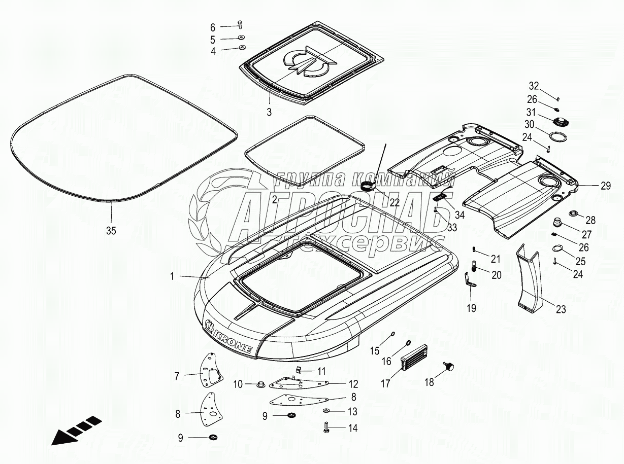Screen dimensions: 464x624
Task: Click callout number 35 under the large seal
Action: pos(111,231)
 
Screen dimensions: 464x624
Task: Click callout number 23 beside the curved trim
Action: pos(561,309)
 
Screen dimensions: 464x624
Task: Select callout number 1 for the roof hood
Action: pos(172,276)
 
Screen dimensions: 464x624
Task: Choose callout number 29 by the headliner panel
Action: pos(605,186)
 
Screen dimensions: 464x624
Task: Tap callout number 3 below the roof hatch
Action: pos(270,112)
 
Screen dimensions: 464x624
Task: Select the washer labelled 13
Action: pos(326,410)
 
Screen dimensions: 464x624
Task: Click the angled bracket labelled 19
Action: pos(469,281)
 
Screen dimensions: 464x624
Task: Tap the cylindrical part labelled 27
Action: pos(557,223)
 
